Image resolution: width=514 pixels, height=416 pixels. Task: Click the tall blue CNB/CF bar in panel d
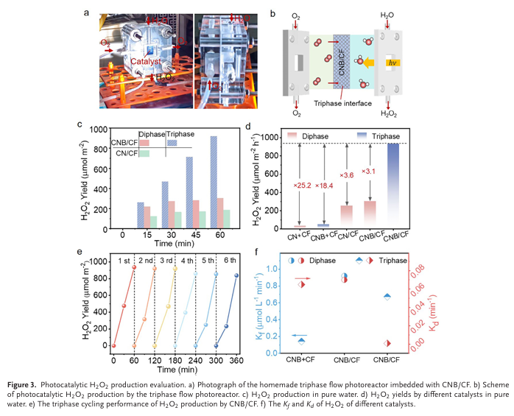point(393,185)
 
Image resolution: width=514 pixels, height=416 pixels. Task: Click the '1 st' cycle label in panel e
point(125,260)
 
